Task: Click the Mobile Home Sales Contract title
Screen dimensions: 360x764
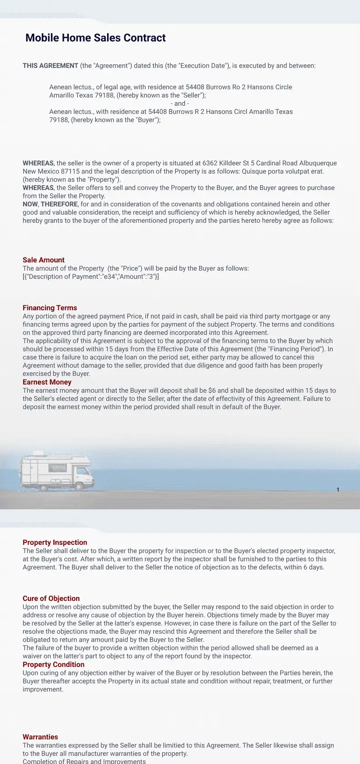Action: point(96,38)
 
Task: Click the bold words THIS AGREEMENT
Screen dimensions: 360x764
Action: point(51,66)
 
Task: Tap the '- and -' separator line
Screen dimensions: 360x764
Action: point(180,103)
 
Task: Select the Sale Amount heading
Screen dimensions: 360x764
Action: point(44,260)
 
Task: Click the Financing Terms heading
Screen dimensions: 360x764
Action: point(50,308)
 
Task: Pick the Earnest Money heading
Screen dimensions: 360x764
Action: point(47,382)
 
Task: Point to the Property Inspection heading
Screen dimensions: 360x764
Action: point(55,543)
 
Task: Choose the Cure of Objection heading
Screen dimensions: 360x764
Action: point(51,599)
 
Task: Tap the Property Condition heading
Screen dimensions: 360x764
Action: point(53,665)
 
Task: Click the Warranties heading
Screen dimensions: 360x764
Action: point(41,737)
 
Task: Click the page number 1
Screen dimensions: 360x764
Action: point(338,490)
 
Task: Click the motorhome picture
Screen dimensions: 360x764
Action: point(56,471)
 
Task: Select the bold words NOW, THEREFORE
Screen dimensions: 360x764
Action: point(50,204)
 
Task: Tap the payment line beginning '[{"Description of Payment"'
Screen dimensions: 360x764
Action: point(91,277)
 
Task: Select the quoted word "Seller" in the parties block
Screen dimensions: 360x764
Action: point(193,95)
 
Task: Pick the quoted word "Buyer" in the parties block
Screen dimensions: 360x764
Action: point(147,120)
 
